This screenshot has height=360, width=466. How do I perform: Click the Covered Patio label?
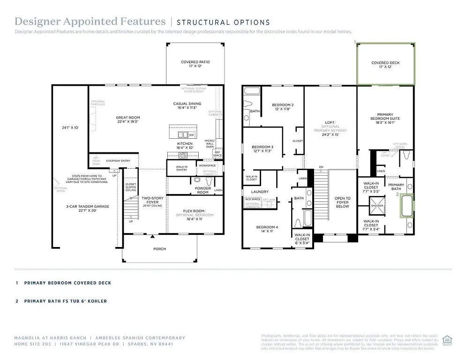click(195, 62)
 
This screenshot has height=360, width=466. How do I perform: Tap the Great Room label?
click(128, 118)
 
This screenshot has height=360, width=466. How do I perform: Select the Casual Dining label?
click(187, 104)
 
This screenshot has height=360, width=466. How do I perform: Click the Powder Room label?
click(203, 190)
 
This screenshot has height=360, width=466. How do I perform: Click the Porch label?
click(159, 248)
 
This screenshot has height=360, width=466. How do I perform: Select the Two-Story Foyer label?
click(153, 200)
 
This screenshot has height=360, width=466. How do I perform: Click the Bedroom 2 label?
click(283, 105)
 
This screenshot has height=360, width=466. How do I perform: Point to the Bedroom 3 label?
click(262, 147)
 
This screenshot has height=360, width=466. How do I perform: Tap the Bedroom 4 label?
click(267, 227)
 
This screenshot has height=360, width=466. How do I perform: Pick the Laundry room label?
click(260, 191)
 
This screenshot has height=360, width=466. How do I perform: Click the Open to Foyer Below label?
click(342, 202)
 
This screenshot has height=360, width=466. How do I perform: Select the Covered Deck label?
click(385, 63)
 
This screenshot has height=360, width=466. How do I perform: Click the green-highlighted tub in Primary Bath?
click(406, 205)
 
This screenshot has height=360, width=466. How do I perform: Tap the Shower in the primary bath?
click(376, 205)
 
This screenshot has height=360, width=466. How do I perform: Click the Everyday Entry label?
click(117, 161)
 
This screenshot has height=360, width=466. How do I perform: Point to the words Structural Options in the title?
click(223, 22)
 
